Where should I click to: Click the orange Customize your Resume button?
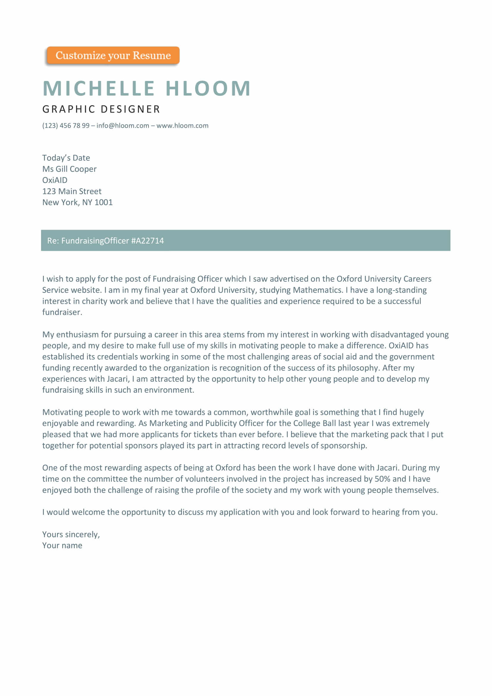[113, 55]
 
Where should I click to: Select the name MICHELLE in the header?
[99, 88]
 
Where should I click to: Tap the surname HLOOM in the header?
[208, 88]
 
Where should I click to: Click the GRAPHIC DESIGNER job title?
[101, 109]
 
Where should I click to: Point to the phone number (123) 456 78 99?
[66, 126]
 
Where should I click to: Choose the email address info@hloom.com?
[123, 126]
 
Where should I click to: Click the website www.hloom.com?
[182, 126]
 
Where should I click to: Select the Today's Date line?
[66, 158]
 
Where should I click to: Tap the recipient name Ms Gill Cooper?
[69, 169]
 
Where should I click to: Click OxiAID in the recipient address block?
[55, 180]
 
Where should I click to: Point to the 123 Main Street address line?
[72, 192]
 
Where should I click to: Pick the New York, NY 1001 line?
[78, 202]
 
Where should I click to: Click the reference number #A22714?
[148, 241]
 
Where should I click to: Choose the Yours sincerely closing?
[71, 534]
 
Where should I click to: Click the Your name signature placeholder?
[62, 546]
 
